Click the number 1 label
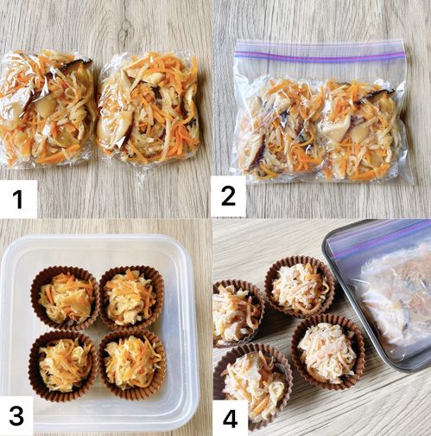coord(18,199)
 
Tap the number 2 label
coord(228,196)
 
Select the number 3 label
coord(16,416)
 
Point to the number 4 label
coord(231,419)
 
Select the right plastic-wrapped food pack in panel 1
coord(149,111)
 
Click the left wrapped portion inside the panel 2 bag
coord(281,127)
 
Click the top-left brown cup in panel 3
coord(65,298)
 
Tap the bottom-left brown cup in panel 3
coord(62,366)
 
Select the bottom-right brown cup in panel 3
coord(132,364)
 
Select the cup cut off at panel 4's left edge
coord(238,313)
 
